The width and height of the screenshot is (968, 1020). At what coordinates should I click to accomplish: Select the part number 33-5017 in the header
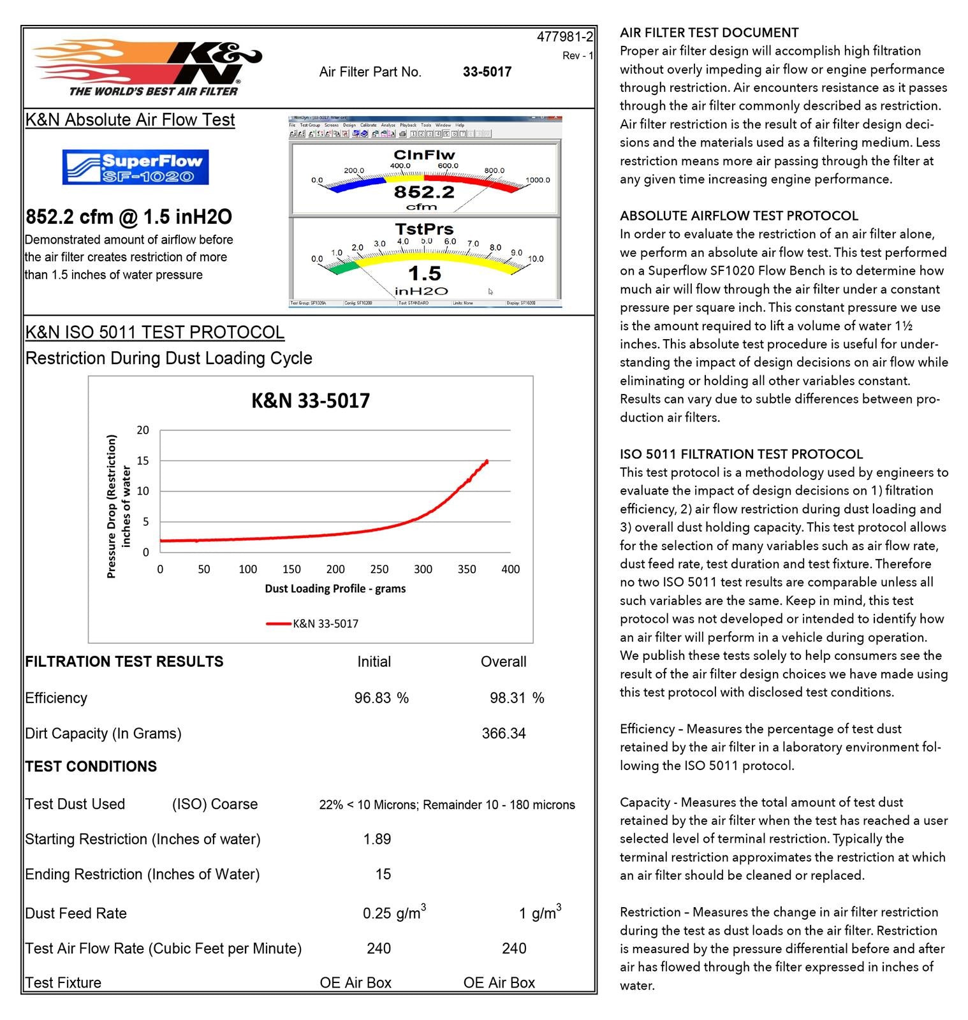(487, 72)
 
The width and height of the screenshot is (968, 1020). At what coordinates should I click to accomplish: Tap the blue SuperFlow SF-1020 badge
(135, 167)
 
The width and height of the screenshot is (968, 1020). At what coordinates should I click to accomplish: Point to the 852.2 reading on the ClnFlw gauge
(424, 192)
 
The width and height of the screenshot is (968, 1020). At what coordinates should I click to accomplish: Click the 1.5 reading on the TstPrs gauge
(425, 273)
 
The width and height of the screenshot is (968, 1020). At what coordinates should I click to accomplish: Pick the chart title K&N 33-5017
(311, 401)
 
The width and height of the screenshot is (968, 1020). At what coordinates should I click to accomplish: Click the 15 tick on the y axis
(143, 461)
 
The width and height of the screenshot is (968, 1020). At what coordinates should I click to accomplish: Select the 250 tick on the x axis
(379, 569)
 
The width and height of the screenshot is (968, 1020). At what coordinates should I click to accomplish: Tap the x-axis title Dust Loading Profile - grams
(335, 588)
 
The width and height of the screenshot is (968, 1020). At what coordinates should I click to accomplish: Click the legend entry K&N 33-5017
(325, 623)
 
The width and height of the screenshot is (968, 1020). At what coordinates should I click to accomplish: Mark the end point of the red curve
(487, 461)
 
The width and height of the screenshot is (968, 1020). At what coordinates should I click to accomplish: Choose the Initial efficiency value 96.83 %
(381, 698)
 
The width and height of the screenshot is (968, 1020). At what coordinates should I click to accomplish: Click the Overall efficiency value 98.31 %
(517, 698)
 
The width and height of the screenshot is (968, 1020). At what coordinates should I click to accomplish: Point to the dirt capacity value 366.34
(504, 734)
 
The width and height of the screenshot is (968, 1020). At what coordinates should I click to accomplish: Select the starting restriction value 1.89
(377, 840)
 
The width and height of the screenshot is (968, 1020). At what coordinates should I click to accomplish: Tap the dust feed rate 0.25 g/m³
(393, 913)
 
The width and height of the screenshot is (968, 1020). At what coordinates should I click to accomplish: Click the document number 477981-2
(564, 37)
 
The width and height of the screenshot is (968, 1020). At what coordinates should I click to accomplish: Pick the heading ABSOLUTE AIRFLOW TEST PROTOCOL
(739, 215)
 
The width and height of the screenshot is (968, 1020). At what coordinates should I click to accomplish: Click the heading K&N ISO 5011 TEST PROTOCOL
(155, 333)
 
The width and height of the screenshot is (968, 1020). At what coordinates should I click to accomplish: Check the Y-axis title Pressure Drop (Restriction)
(112, 506)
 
